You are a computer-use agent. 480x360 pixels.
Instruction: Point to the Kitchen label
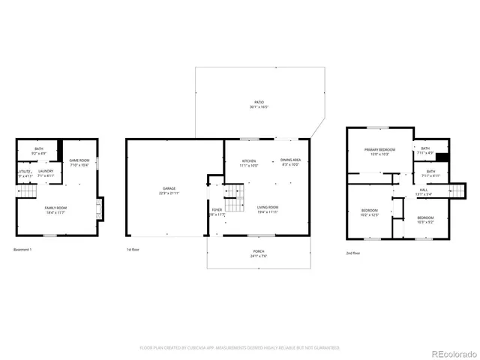click(248, 162)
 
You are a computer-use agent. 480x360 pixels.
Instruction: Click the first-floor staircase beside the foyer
click(237, 199)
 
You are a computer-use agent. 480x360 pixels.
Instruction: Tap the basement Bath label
click(38, 150)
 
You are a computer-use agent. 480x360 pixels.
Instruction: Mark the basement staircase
click(27, 193)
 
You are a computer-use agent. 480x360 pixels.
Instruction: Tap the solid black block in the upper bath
click(442, 157)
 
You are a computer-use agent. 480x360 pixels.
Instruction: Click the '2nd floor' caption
click(352, 253)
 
